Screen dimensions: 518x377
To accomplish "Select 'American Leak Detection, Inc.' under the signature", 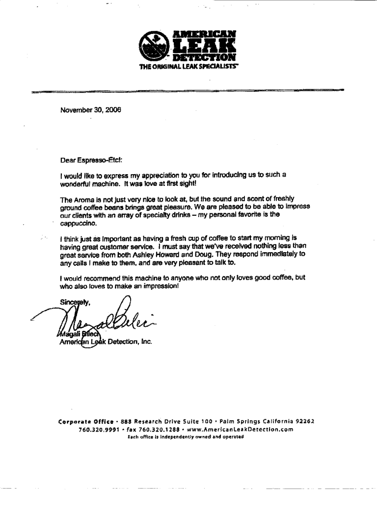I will click(x=106, y=342).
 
